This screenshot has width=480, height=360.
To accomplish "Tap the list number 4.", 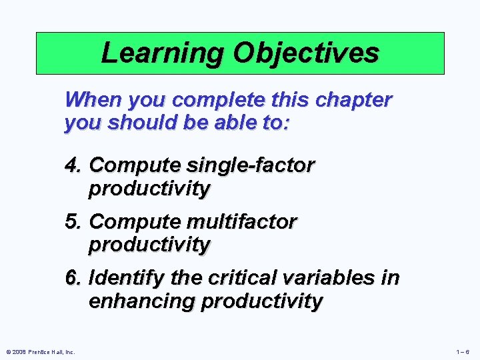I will click(x=73, y=165).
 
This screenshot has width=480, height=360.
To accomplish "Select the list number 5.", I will click(x=73, y=221).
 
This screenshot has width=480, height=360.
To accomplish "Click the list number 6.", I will click(x=73, y=278).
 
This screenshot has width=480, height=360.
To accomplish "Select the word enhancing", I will click(x=142, y=301).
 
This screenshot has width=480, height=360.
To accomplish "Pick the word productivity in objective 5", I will click(x=149, y=245).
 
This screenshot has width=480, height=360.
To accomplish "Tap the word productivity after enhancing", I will click(x=261, y=301).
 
